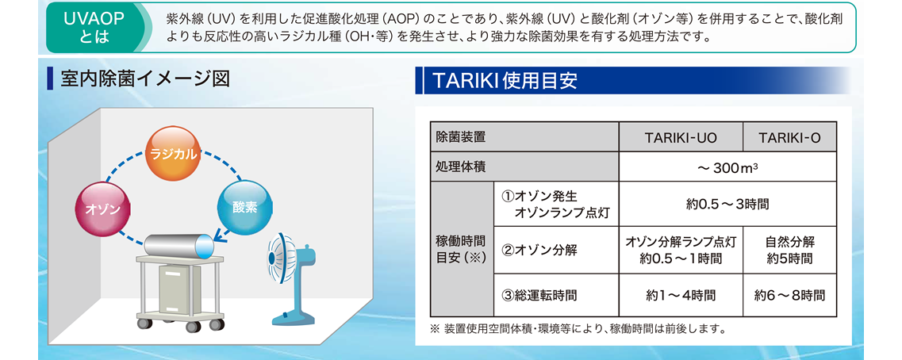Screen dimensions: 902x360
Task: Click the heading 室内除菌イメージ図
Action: click(145, 79)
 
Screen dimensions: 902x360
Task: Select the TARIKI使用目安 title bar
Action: click(633, 81)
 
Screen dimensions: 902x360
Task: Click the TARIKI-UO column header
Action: click(681, 137)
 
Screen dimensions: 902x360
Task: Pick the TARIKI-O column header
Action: click(789, 137)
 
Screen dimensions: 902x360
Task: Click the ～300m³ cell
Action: click(727, 167)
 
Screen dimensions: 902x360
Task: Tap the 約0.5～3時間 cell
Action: click(727, 204)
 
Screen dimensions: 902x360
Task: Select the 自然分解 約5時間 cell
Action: click(789, 250)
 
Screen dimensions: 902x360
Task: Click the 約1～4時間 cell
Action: click(681, 296)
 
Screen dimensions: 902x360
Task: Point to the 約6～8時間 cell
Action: click(789, 296)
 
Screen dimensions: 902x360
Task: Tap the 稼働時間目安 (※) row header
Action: click(462, 250)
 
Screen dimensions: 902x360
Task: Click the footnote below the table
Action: click(578, 330)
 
